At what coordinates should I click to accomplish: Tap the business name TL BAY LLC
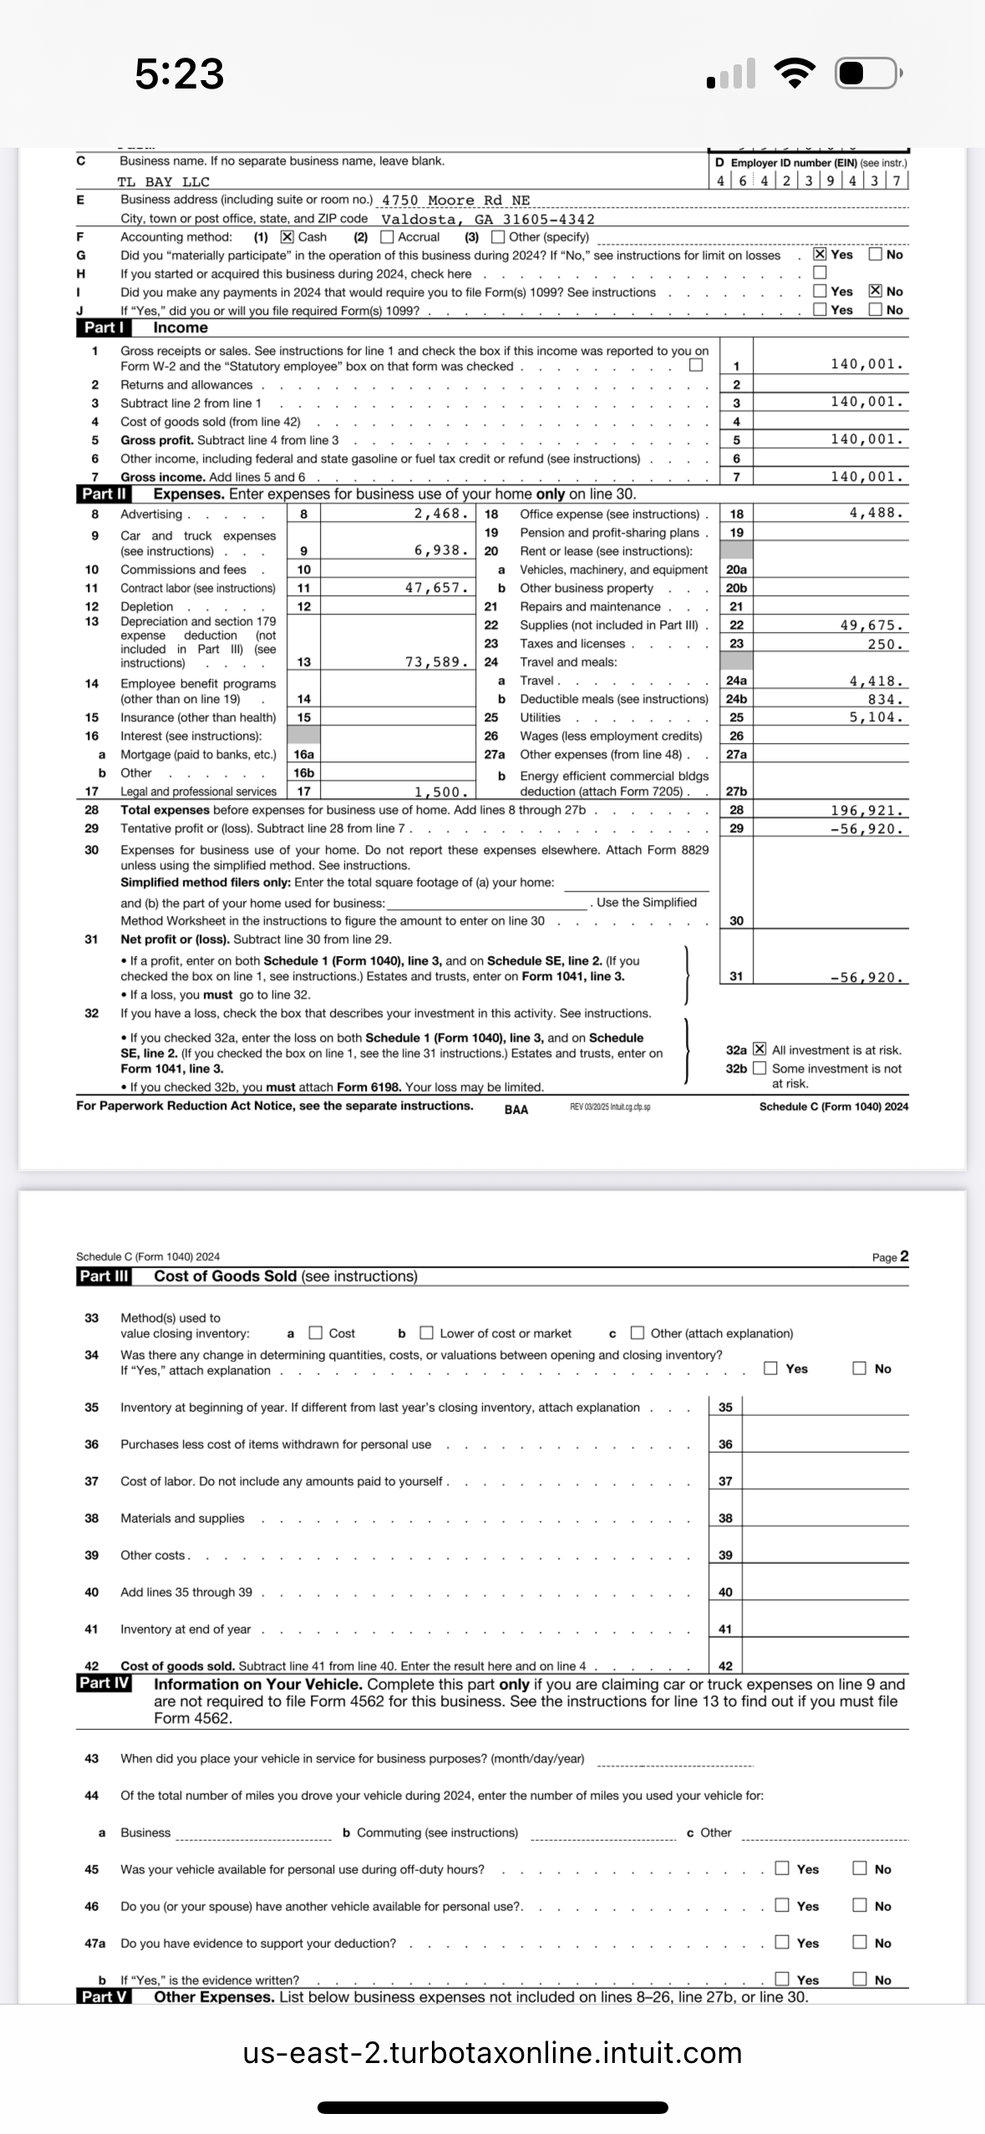pos(164,182)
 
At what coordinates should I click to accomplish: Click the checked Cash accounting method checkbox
pos(287,237)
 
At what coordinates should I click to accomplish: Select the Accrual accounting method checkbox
pos(388,237)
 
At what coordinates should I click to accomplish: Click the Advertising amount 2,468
pos(441,513)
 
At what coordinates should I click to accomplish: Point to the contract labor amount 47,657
pos(436,588)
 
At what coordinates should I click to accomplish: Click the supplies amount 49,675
pos(871,625)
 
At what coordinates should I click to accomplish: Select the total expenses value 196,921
pos(867,811)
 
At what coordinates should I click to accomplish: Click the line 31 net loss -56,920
pos(867,978)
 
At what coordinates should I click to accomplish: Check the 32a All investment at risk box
pos(759,1049)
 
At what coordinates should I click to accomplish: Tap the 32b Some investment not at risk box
pos(759,1068)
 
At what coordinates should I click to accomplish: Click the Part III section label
pos(104,1277)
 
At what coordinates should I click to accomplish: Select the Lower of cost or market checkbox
pos(427,1333)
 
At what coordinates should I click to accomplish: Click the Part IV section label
pos(104,1684)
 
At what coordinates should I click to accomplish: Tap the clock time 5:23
pos(180,73)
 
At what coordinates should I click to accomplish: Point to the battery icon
pos(867,73)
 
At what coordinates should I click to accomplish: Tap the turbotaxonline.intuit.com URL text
pos(492,2053)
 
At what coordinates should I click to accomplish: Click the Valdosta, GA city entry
pos(488,220)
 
